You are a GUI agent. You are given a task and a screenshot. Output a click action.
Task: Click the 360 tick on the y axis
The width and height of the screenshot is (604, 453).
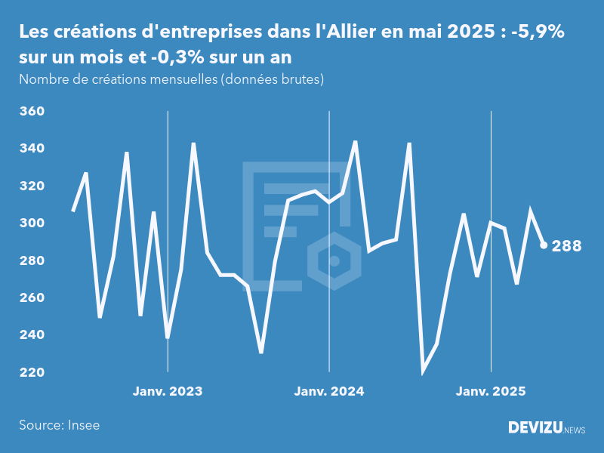[x=31, y=112]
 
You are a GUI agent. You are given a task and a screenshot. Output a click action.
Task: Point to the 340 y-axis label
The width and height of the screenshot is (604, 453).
[x=31, y=149]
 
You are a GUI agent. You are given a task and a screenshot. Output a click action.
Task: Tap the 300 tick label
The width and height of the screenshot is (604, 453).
[x=31, y=223]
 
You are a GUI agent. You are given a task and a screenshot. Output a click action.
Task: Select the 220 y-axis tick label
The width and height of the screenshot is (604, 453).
[x=31, y=372]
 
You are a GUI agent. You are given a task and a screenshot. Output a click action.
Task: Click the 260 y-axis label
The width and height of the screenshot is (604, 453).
[x=31, y=298]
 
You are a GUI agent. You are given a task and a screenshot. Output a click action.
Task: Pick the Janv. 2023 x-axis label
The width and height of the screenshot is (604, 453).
[x=168, y=392]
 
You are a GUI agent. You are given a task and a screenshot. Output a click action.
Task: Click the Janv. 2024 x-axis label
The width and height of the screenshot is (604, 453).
[x=329, y=392]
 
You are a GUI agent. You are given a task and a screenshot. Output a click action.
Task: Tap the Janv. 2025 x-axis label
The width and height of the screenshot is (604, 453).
[x=492, y=392]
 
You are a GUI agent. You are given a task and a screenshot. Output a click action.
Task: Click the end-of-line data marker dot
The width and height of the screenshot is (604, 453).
[x=544, y=245]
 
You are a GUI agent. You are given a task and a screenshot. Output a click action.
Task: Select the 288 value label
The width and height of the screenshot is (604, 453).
[x=567, y=246]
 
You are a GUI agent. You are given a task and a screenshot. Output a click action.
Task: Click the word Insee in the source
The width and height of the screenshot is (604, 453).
[x=83, y=425]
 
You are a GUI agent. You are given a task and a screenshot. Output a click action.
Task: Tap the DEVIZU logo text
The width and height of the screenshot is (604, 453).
[x=535, y=428]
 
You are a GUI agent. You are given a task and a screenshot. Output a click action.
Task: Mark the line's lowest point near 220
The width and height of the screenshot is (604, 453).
[x=423, y=371]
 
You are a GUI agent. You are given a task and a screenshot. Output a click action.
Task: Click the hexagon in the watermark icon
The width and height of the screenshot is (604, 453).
[x=334, y=261]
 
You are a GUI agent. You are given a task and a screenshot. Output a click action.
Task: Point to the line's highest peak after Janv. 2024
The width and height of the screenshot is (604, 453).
[x=355, y=141]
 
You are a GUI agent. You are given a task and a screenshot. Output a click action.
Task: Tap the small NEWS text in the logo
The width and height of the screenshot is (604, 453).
[x=575, y=430]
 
